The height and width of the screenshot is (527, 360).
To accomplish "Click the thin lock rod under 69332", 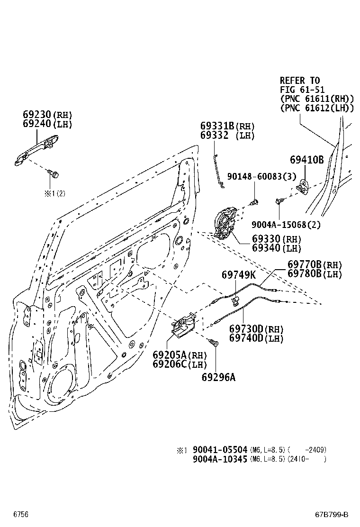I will click(x=217, y=171).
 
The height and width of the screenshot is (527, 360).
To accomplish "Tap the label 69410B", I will click(x=306, y=160).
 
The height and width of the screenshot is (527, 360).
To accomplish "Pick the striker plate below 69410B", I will click(x=302, y=187).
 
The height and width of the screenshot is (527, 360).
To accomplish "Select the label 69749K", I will click(x=239, y=275).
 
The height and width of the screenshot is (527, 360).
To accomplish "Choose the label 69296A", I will click(x=218, y=377).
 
